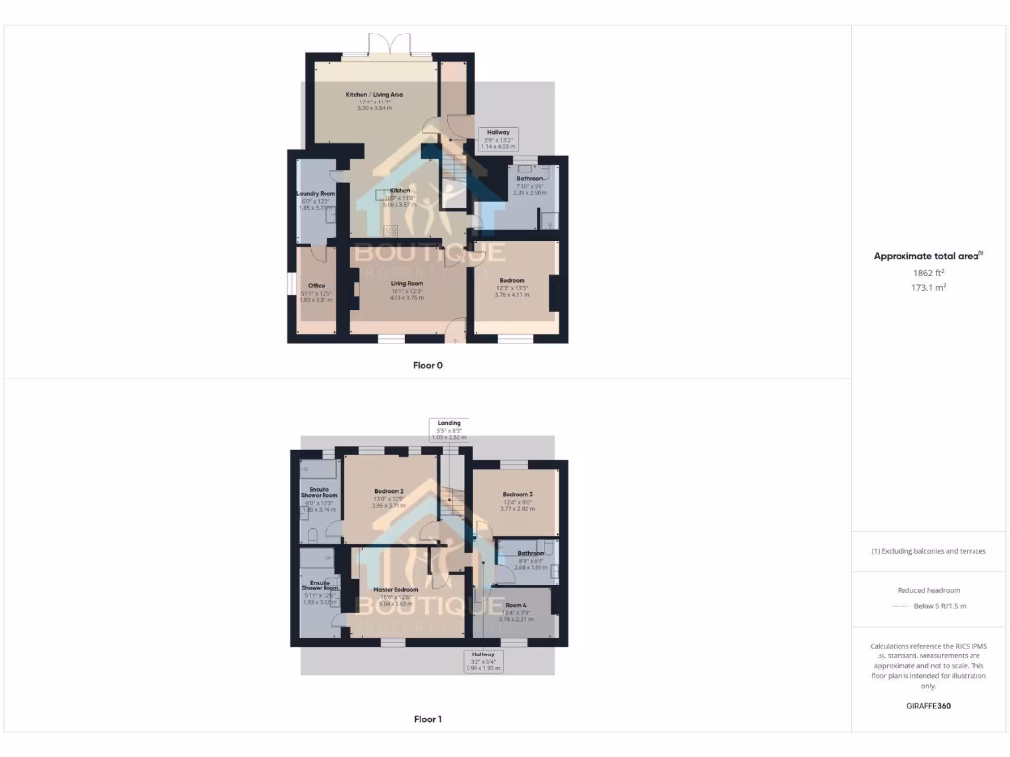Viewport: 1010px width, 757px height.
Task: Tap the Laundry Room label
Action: click(316, 194)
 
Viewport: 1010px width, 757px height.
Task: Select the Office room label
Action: click(316, 286)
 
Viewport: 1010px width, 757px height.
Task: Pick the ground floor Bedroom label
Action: click(511, 281)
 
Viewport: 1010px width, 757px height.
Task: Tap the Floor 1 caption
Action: click(428, 719)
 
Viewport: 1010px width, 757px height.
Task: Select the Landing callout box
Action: click(449, 428)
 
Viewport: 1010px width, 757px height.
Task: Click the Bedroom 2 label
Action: click(389, 491)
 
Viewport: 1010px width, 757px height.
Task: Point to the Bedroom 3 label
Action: click(517, 494)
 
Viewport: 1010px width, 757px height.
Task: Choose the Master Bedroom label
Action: click(398, 590)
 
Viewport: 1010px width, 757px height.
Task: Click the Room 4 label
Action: click(516, 605)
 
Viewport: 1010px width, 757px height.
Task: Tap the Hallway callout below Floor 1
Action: click(483, 659)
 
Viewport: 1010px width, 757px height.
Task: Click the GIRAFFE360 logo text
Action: click(930, 706)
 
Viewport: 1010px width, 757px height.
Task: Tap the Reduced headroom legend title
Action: click(930, 590)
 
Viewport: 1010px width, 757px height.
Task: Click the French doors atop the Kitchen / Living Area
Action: click(389, 45)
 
